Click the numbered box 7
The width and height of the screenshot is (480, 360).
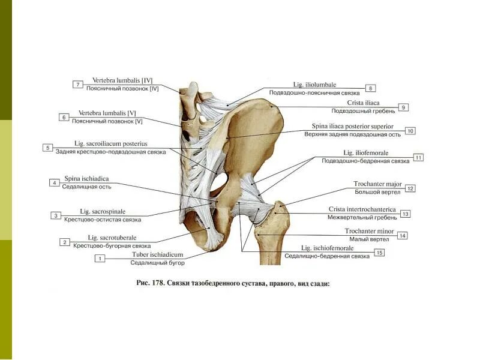[78, 85]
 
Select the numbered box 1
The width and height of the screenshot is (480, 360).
[101, 259]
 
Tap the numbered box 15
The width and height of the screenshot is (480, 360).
[379, 253]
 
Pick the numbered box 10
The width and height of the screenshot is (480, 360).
[410, 130]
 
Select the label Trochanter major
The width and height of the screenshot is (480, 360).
[377, 184]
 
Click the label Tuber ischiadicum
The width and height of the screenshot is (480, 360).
[158, 254]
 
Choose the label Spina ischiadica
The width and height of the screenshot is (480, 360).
[86, 179]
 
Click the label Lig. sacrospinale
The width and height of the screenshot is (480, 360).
[103, 211]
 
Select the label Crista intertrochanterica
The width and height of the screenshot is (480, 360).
[362, 209]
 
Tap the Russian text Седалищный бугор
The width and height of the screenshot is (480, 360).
[158, 263]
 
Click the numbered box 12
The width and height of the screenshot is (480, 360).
[410, 188]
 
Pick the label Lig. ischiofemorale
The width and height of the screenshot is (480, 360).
[327, 248]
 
